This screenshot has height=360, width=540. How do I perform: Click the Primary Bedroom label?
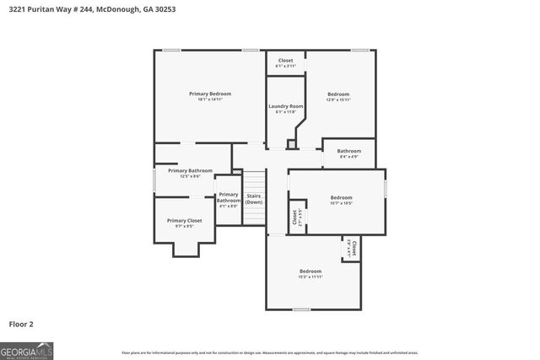pyautogui.click(x=210, y=94)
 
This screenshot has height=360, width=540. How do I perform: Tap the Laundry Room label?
pyautogui.click(x=285, y=105)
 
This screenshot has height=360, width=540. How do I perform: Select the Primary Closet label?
pyautogui.click(x=184, y=220)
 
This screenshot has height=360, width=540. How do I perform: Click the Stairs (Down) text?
pyautogui.click(x=254, y=199)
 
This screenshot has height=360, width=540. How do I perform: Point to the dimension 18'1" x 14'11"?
pyautogui.click(x=210, y=100)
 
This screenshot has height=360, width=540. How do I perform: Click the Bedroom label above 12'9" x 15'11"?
pyautogui.click(x=338, y=94)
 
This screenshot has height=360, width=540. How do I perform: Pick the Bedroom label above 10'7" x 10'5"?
pyautogui.click(x=342, y=197)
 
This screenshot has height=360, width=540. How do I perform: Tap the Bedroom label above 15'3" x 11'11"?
pyautogui.click(x=310, y=271)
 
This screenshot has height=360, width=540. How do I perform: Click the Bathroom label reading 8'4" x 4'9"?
pyautogui.click(x=349, y=151)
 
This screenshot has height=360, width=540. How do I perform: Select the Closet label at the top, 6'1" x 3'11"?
pyautogui.click(x=286, y=61)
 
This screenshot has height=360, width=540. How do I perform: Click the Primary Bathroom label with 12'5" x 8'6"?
pyautogui.click(x=184, y=170)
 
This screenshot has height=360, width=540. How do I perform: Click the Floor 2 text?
pyautogui.click(x=21, y=324)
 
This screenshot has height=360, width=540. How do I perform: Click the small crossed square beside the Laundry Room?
pyautogui.click(x=292, y=144)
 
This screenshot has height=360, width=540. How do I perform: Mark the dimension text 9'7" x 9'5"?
pyautogui.click(x=184, y=227)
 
